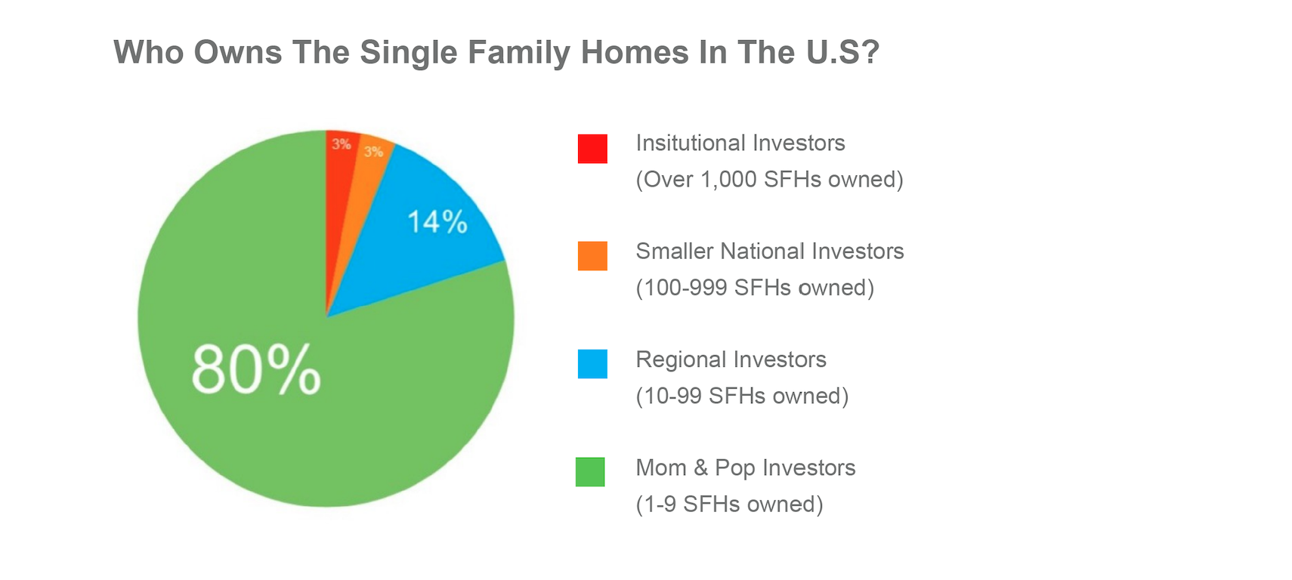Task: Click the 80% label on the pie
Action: [255, 370]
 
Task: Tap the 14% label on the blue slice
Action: [437, 222]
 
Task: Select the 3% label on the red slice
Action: [342, 144]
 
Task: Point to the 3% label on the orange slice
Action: [373, 152]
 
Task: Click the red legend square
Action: [592, 149]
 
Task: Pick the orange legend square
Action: [592, 256]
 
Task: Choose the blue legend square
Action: [592, 364]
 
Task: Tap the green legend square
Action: [590, 472]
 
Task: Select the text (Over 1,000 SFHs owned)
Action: [769, 180]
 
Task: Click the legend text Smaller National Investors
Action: [769, 251]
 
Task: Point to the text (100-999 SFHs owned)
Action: [754, 288]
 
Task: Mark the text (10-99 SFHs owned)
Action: [742, 396]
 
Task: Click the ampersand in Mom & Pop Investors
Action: [700, 468]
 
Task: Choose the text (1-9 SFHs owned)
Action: [729, 504]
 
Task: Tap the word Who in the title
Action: [149, 52]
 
